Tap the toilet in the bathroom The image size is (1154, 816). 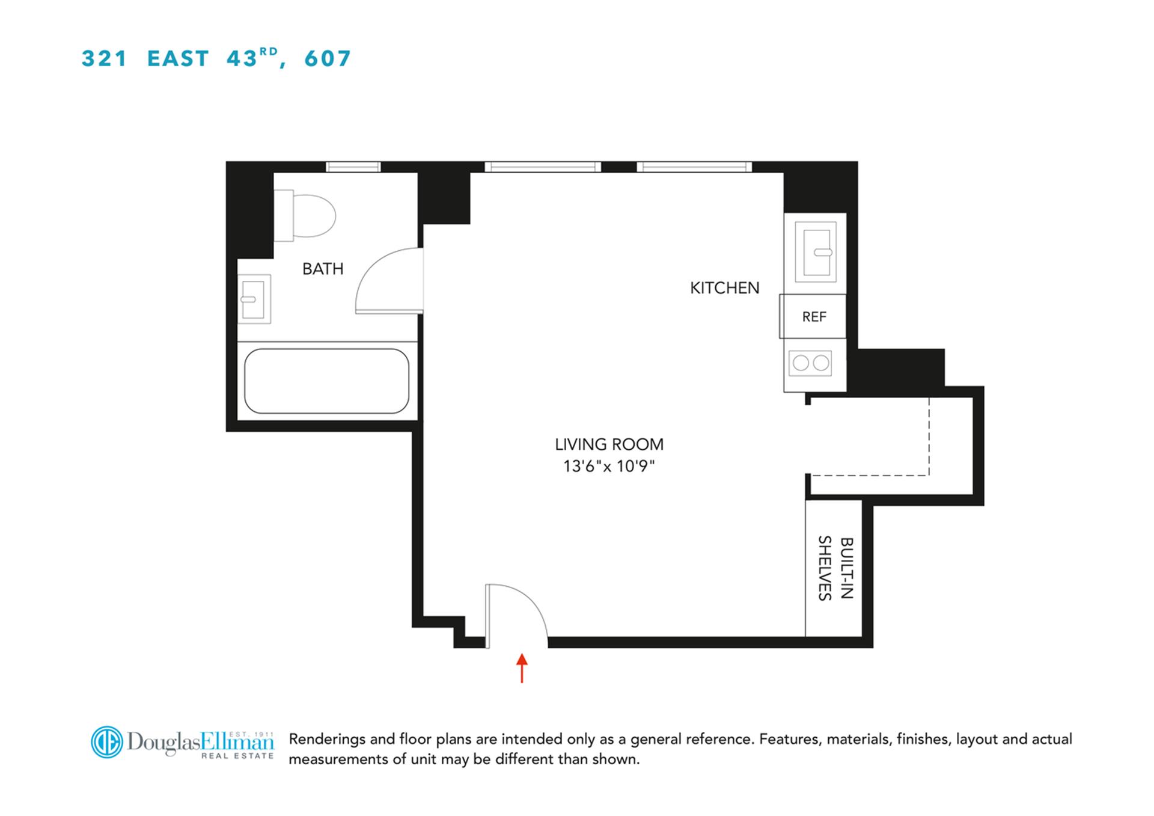(307, 215)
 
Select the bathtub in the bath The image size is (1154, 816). (326, 381)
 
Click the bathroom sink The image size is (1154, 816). (254, 299)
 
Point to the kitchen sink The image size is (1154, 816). (815, 252)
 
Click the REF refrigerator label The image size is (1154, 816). (814, 317)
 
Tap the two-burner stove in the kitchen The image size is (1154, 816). (810, 363)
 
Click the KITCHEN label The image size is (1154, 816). (724, 288)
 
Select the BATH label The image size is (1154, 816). (323, 269)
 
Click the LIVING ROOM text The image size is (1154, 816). (609, 444)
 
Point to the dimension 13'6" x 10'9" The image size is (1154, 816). (608, 466)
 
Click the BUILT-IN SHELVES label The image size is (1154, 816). (835, 568)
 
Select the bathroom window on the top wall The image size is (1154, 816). (353, 167)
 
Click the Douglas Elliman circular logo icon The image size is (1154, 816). (106, 741)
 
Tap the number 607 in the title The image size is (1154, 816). (328, 58)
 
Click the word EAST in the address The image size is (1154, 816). (178, 58)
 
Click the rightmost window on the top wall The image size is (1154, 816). (694, 167)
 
